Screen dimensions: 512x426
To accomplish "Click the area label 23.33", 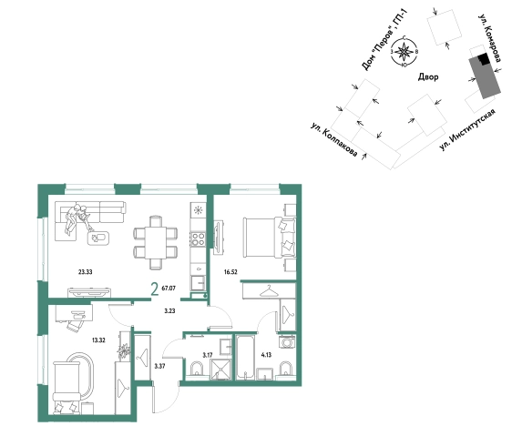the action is [86, 272].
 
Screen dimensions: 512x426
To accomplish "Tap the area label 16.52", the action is [230, 272].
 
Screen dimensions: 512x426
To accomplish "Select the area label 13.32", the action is [98, 340].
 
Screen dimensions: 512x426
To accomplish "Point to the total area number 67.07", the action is [169, 289].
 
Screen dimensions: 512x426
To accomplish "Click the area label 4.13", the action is [267, 355].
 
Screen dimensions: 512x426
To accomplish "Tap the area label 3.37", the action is [159, 366].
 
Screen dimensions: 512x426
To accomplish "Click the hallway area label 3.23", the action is [169, 311].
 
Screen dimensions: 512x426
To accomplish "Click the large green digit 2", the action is [155, 289].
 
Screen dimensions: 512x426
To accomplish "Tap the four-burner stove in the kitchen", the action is [198, 239].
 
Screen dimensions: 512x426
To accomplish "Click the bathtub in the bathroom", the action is [245, 357].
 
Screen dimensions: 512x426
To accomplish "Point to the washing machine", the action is [287, 343].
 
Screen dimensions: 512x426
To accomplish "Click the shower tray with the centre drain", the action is [221, 370].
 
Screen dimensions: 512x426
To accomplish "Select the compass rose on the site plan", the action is [404, 52].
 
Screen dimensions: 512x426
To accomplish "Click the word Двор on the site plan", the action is [428, 77].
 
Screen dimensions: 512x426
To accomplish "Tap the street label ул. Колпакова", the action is [334, 139].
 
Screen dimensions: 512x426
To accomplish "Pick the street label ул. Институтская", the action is [467, 129].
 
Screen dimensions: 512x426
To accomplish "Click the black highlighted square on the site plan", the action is [484, 59].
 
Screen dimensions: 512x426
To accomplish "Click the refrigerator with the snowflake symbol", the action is [198, 209].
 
